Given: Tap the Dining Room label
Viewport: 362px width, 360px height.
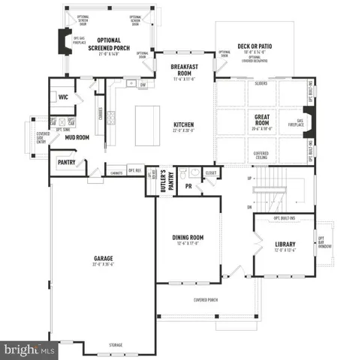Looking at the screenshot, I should (x=188, y=239).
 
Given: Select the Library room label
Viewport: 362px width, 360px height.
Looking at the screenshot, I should (x=285, y=245).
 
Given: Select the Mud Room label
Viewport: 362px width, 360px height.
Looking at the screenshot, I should (x=77, y=138).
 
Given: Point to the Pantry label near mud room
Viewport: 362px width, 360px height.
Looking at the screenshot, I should (x=66, y=161).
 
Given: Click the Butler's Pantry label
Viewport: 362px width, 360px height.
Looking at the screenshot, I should (x=164, y=184).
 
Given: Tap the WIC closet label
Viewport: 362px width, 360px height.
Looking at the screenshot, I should (x=63, y=97).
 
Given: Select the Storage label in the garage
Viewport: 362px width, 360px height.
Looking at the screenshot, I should (x=116, y=345).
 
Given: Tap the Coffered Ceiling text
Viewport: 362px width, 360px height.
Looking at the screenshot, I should (x=261, y=154).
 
